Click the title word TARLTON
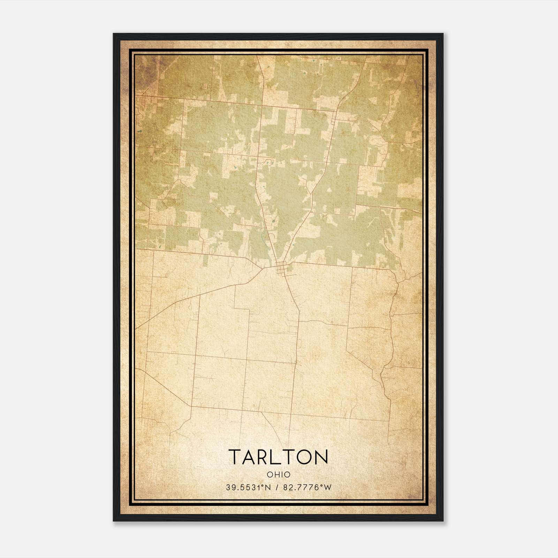click(x=278, y=457)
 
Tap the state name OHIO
click(x=278, y=475)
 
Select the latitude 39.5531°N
click(x=248, y=488)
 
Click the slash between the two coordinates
click(x=277, y=488)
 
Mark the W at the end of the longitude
click(x=327, y=488)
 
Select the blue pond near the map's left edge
click(x=140, y=131)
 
